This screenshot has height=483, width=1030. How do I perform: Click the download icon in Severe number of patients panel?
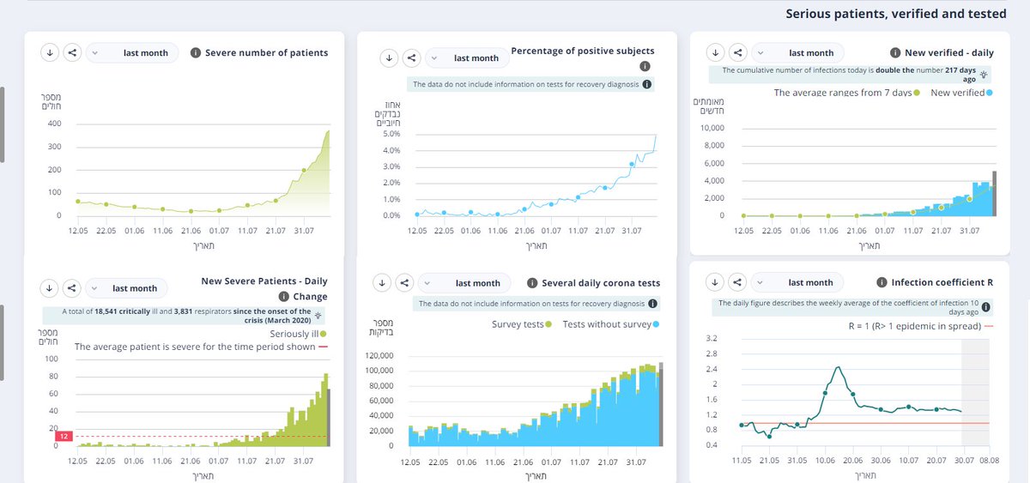click(50, 52)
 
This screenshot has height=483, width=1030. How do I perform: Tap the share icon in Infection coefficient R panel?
click(737, 282)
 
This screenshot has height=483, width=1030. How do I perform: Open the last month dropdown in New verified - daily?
click(797, 53)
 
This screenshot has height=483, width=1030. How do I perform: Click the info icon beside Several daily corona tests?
click(532, 283)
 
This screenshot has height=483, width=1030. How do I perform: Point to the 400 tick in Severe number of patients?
click(54, 124)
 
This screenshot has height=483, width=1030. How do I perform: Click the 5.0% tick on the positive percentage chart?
click(391, 134)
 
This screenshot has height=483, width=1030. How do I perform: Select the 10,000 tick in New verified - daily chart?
click(712, 128)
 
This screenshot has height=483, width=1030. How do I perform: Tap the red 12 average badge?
click(64, 436)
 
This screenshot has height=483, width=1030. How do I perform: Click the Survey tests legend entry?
click(522, 324)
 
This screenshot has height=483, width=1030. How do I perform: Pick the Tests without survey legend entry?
click(610, 324)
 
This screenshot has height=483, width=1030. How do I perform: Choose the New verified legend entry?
click(961, 93)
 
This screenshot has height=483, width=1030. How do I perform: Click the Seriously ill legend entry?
click(298, 334)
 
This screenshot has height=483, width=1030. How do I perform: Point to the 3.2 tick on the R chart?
click(712, 338)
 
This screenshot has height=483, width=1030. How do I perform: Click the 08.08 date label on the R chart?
click(989, 460)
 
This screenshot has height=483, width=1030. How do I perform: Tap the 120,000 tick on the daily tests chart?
click(379, 355)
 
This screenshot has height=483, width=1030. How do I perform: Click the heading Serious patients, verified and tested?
click(896, 14)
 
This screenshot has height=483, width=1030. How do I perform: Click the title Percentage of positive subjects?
click(583, 51)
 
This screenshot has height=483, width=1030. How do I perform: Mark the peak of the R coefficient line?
click(839, 366)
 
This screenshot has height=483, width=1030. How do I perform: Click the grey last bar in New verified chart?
click(994, 194)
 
